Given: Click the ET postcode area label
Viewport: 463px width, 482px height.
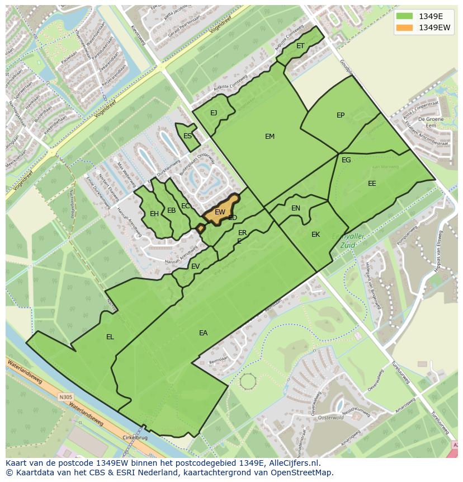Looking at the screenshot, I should point(300,46).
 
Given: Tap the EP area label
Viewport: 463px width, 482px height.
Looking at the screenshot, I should point(341,115).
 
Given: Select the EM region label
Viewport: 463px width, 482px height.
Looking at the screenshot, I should point(270,137).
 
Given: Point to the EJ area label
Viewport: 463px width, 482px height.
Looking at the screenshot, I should point(214,113).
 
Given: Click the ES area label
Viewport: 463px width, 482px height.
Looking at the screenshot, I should point(188,136).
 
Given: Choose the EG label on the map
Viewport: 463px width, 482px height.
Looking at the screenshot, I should point(346,160).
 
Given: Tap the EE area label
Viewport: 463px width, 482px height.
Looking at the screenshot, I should point(372,184).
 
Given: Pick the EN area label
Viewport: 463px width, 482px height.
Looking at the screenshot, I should point(296,208).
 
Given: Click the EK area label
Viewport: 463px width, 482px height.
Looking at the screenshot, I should point(315,235).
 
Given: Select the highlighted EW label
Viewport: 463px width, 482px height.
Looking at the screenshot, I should point(220,212).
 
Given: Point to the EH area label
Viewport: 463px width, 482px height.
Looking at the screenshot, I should point(154,213).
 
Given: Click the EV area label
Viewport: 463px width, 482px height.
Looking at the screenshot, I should point(195,266).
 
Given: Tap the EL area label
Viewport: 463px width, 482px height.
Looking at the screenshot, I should point(110,337).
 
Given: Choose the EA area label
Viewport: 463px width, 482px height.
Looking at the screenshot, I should point(203,333).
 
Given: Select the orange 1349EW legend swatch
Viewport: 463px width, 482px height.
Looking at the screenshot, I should point(404,27).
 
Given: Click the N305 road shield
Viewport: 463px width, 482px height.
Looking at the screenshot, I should point(65,397).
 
